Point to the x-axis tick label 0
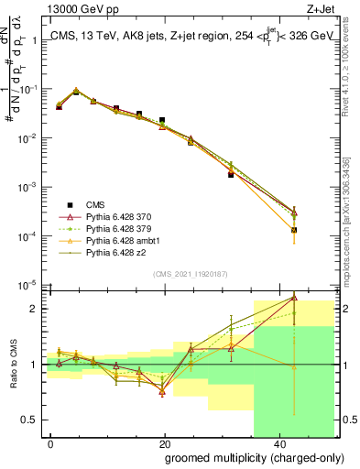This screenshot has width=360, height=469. [x=51, y=442]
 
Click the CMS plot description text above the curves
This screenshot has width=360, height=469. [x=189, y=37]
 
